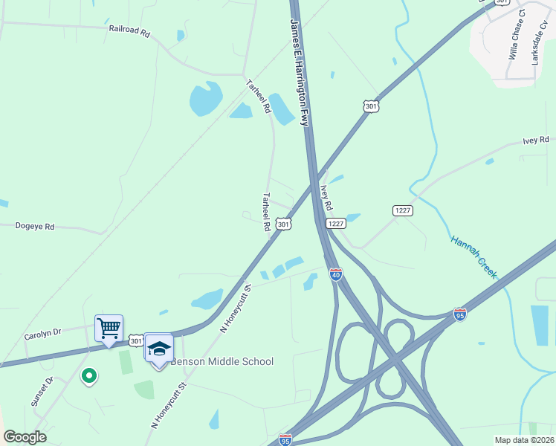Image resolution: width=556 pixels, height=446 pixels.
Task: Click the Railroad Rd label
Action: pyautogui.click(x=129, y=33)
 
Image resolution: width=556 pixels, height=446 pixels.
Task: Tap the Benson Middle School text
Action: pyautogui.click(x=222, y=362)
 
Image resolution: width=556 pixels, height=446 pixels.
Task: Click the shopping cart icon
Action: pyautogui.click(x=109, y=328)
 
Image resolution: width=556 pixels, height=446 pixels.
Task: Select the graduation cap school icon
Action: pyautogui.click(x=158, y=348)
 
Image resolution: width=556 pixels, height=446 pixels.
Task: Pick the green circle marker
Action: pyautogui.click(x=88, y=376)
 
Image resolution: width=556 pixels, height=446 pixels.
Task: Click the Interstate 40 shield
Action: pyautogui.click(x=335, y=274)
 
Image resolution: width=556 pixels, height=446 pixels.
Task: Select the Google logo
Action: pyautogui.click(x=25, y=437)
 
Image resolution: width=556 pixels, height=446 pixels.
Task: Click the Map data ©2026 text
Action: pyautogui.click(x=524, y=440)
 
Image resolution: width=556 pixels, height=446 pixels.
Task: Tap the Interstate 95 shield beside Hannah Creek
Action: pyautogui.click(x=460, y=314)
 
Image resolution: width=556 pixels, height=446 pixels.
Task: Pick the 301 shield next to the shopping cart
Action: pyautogui.click(x=135, y=340)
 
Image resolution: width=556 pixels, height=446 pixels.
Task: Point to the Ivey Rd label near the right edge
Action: pyautogui.click(x=535, y=140)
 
